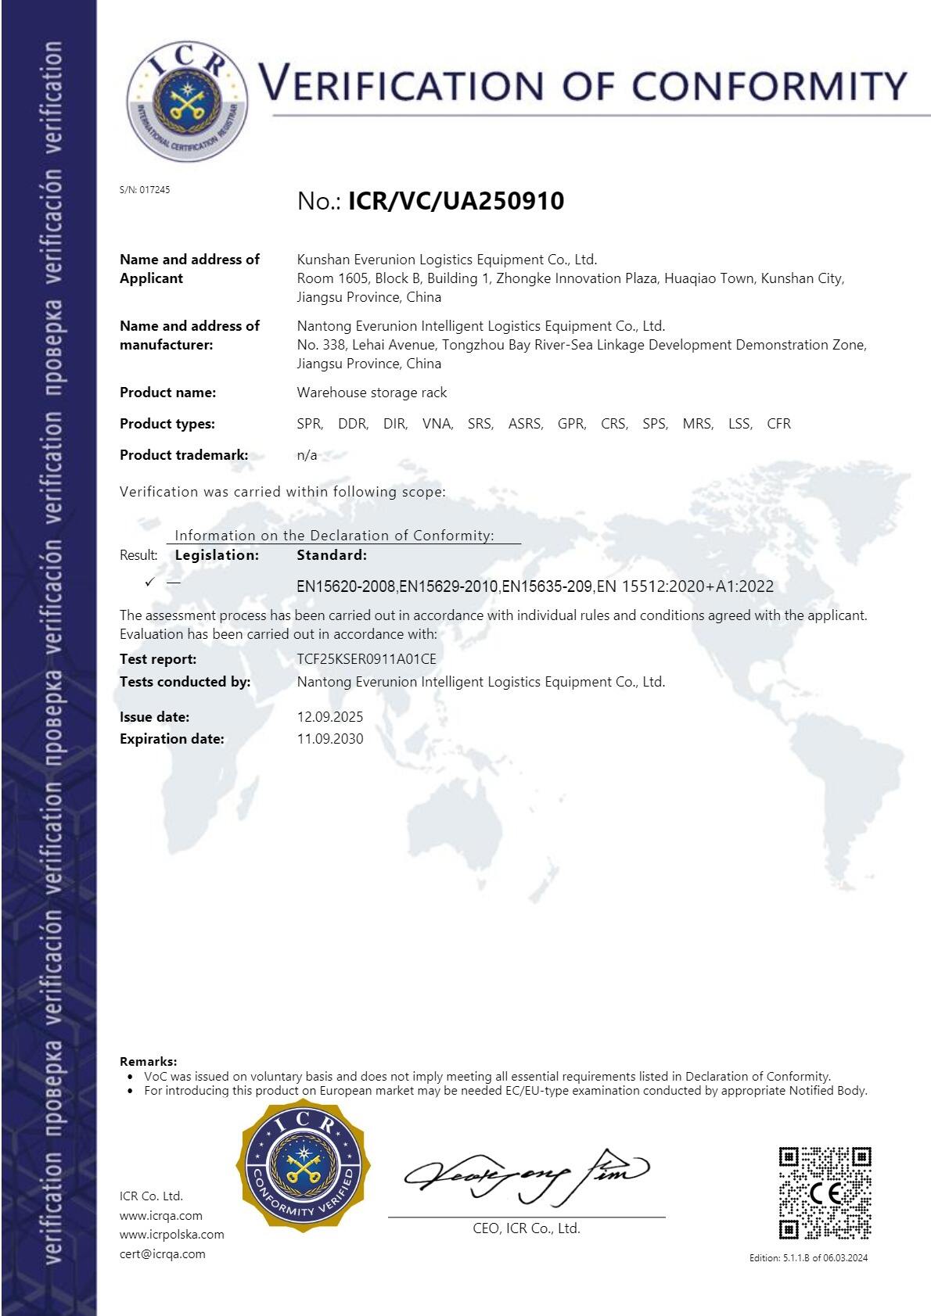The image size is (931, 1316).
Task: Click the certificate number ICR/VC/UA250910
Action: pyautogui.click(x=455, y=201)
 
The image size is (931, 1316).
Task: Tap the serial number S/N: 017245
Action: pyautogui.click(x=145, y=189)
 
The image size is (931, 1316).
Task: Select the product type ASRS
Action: pyautogui.click(x=525, y=424)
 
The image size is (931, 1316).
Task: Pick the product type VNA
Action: pyautogui.click(x=437, y=424)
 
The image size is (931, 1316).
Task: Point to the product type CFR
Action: pyautogui.click(x=778, y=424)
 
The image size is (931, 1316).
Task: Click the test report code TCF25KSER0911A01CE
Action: pyautogui.click(x=366, y=658)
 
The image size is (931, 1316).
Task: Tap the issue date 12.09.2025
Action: pyautogui.click(x=329, y=716)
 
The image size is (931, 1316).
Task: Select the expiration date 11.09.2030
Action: pyautogui.click(x=329, y=738)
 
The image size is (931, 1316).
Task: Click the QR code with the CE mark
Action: pyautogui.click(x=825, y=1192)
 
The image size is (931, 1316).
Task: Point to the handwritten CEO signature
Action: pyautogui.click(x=526, y=1174)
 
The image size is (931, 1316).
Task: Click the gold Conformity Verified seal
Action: pyautogui.click(x=304, y=1166)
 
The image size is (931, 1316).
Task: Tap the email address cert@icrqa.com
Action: pyautogui.click(x=162, y=1253)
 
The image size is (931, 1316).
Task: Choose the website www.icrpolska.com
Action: pyautogui.click(x=171, y=1234)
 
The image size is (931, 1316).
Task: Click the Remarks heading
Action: pyautogui.click(x=148, y=1061)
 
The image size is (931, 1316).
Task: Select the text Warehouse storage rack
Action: pyautogui.click(x=372, y=393)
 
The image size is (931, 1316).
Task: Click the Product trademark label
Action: pyautogui.click(x=183, y=455)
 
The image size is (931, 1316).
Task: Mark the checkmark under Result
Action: pyautogui.click(x=149, y=582)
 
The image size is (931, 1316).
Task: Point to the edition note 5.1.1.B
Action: pyautogui.click(x=808, y=1257)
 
